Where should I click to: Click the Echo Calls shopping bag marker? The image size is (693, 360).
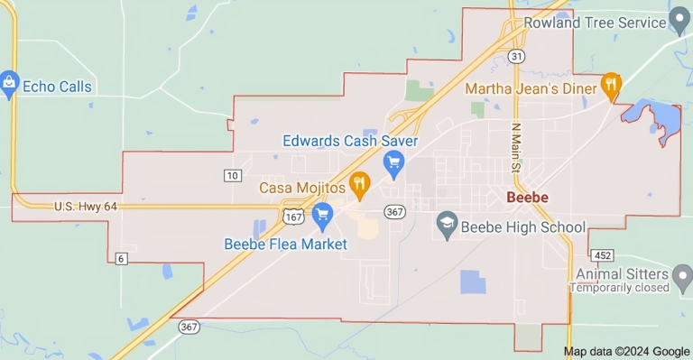coord(10,85)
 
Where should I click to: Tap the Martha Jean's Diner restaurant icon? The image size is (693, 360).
coord(612,86)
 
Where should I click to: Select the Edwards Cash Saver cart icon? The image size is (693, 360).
coord(393,163)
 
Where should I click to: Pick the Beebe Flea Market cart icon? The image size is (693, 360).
coord(322,215)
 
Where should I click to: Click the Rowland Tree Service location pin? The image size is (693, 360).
coord(681,23)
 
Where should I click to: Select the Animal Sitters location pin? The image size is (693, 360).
coord(682,274)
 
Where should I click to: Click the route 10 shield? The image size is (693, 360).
coord(233,174)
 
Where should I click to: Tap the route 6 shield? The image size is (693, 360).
coord(120,259)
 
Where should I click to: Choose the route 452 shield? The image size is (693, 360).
coord(605,254)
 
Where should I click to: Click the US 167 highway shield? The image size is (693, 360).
coord(293,217)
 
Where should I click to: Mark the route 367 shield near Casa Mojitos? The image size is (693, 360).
coord(393,211)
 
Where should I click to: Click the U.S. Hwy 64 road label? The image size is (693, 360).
coord(86,207)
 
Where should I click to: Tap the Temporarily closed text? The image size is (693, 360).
coord(618,289)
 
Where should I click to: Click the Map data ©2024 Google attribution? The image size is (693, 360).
coord(626,351)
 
